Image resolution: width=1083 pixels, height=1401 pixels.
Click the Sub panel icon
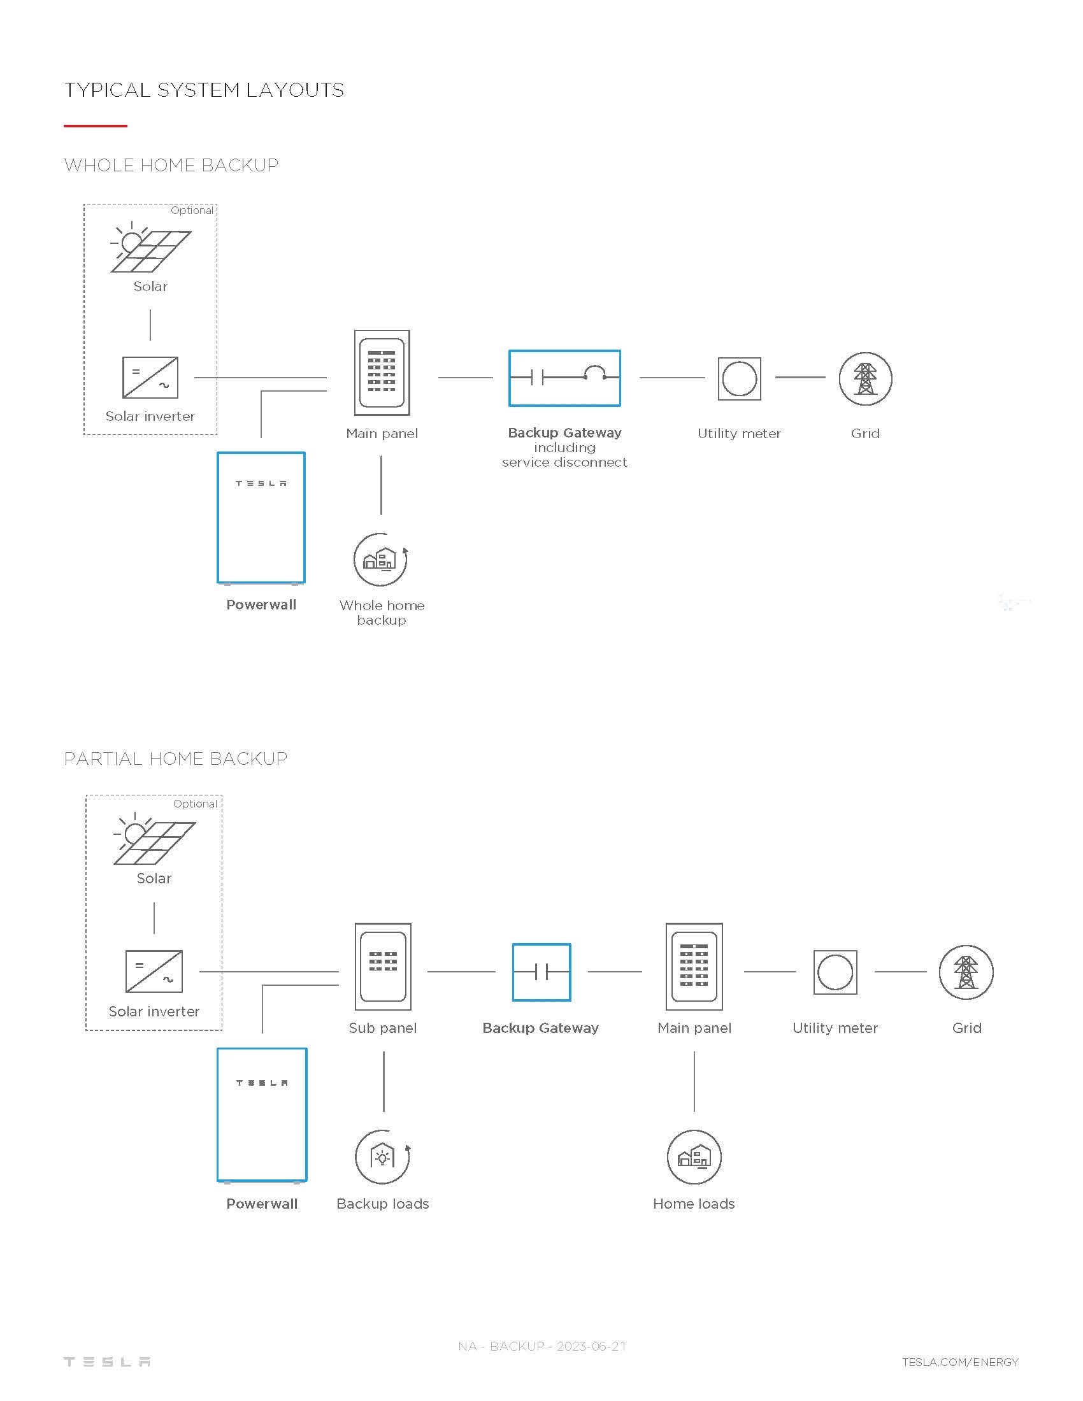[383, 966]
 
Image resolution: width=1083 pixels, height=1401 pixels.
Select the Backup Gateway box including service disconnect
[510, 378]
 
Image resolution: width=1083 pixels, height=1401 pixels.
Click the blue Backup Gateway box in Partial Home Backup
[513, 972]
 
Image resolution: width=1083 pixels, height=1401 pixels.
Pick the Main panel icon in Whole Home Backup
[382, 373]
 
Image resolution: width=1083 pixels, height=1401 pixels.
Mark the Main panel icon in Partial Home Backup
[694, 966]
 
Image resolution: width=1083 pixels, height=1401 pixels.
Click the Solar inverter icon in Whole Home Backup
[150, 378]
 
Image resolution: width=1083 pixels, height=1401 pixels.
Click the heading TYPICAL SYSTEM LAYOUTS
[204, 90]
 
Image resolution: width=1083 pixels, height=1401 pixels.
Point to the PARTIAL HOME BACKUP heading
[176, 758]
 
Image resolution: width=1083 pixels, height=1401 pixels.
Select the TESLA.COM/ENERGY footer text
[960, 1362]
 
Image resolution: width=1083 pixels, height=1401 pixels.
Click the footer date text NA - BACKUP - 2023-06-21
[542, 1346]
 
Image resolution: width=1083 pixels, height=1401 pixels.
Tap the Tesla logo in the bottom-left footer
[107, 1362]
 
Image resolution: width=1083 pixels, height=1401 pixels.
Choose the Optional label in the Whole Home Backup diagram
[192, 210]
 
